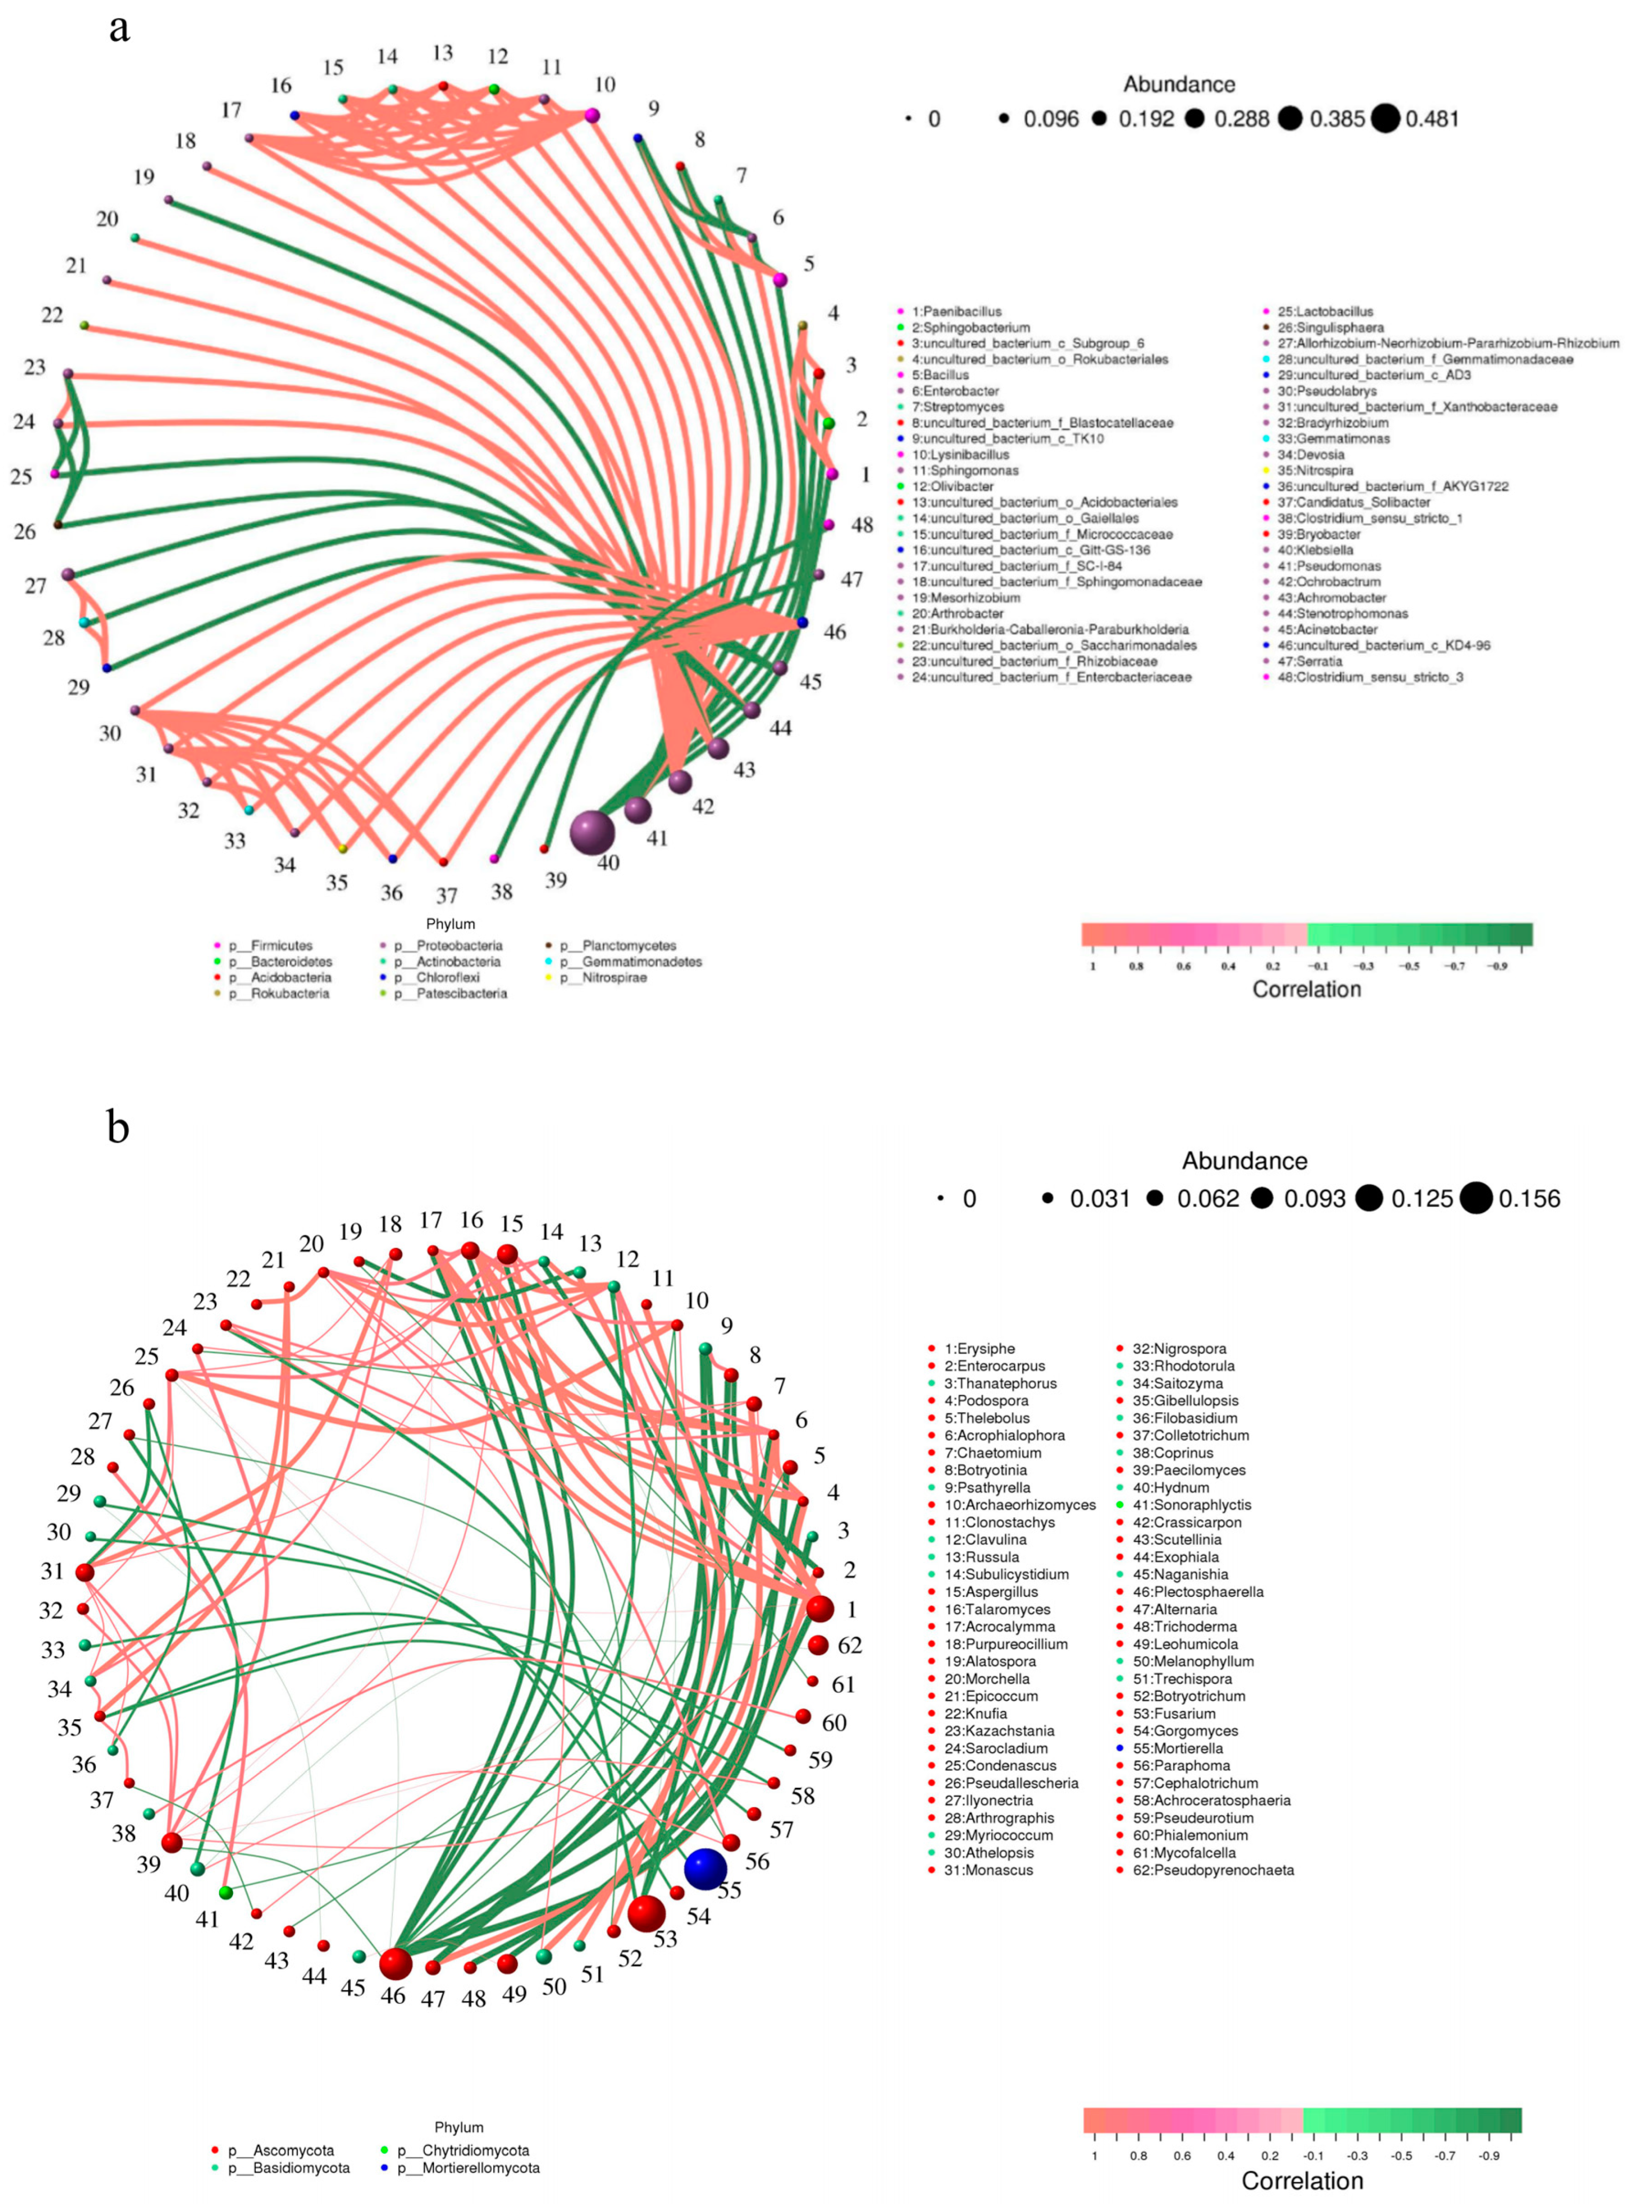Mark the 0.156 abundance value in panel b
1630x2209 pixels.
coord(1530,1199)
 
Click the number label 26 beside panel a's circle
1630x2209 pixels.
coord(25,532)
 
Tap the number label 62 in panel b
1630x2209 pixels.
coord(850,1645)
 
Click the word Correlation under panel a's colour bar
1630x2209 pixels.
coord(1306,989)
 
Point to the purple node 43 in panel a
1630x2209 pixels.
coord(718,749)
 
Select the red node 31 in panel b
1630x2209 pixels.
coord(85,1571)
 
